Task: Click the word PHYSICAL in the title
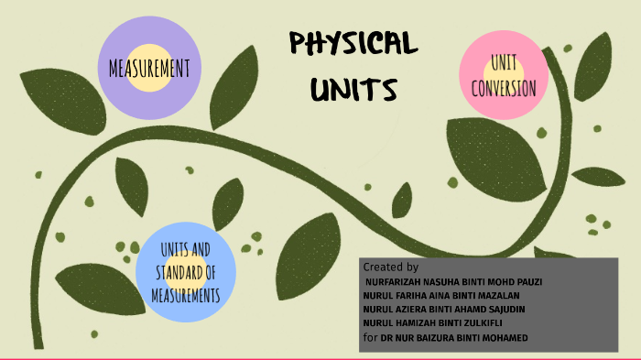tap(353, 43)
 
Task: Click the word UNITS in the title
tap(353, 89)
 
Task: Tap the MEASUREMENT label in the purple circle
tap(149, 68)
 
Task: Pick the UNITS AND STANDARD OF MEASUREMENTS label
tap(187, 273)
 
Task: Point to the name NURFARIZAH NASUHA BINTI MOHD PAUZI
tap(453, 281)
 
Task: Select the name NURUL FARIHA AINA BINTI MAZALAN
tap(442, 295)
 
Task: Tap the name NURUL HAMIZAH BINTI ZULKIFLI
tap(433, 323)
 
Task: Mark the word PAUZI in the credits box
tap(528, 281)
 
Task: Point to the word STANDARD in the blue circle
tap(178, 273)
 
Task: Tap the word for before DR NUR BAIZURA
tap(370, 338)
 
